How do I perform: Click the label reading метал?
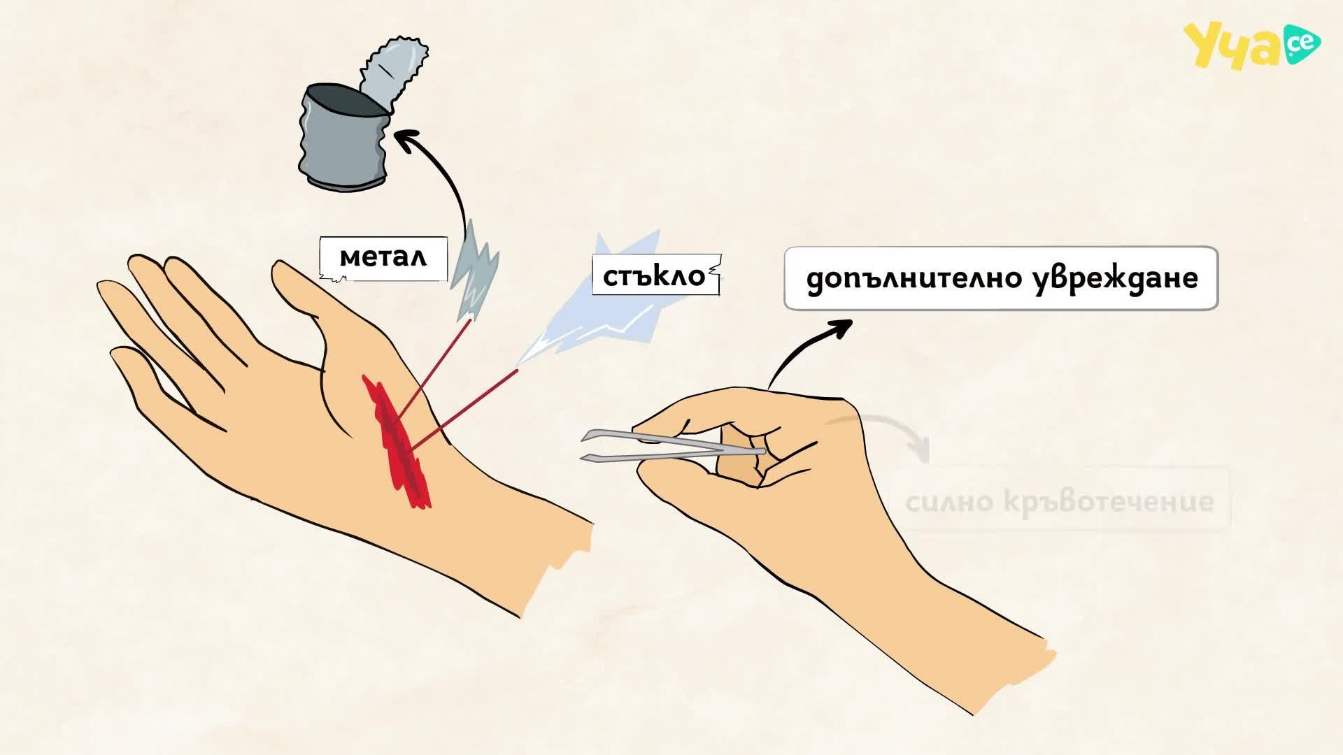click(383, 258)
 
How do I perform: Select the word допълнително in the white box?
click(911, 278)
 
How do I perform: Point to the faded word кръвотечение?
click(1109, 501)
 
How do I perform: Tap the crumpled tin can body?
click(343, 140)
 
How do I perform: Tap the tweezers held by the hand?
click(671, 447)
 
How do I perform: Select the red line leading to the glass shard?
click(462, 410)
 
